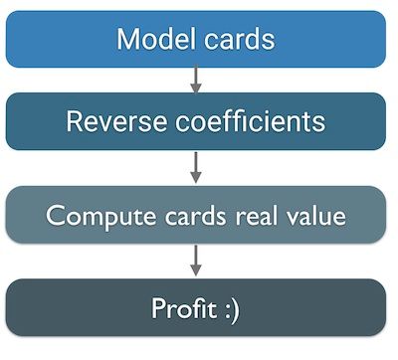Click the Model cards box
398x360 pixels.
click(196, 39)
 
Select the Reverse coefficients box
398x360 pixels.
click(196, 122)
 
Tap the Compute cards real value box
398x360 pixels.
click(196, 214)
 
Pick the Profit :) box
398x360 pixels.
click(196, 307)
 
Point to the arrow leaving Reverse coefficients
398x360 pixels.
click(196, 167)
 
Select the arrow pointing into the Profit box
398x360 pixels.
click(196, 261)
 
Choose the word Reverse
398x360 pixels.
click(108, 122)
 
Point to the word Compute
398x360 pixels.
click(91, 216)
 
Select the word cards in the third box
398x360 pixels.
click(183, 215)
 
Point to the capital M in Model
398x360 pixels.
click(128, 40)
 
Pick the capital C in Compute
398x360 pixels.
click(55, 215)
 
